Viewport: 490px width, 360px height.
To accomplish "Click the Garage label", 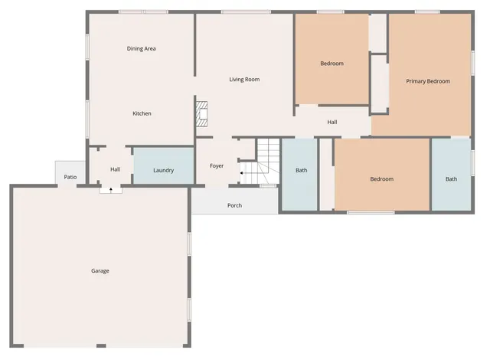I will (100, 271).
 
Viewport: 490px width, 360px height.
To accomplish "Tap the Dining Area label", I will (142, 48).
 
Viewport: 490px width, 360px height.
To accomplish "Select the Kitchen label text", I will (142, 113).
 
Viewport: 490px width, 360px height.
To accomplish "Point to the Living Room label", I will (245, 79).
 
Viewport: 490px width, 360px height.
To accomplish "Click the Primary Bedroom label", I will (428, 81).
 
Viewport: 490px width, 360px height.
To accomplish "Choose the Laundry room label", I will (163, 170).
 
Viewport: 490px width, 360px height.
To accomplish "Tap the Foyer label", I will (217, 165).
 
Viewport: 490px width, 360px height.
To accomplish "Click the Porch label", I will (234, 205).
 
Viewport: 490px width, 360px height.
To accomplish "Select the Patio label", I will (70, 177).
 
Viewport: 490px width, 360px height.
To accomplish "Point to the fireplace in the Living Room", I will (202, 113).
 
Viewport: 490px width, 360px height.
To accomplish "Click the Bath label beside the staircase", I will (302, 170).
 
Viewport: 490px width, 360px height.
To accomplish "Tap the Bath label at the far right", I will (452, 179).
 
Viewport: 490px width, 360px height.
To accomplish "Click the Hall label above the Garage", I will (115, 169).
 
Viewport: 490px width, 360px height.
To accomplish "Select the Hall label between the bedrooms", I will (332, 122).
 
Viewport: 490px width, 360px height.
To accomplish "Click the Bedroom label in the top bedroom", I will (332, 63).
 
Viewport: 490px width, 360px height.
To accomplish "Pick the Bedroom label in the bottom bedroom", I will (381, 179).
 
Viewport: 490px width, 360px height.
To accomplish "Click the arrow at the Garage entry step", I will (111, 188).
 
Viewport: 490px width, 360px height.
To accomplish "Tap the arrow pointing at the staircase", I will (243, 173).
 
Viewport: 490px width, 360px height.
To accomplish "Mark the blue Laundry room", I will (163, 165).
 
